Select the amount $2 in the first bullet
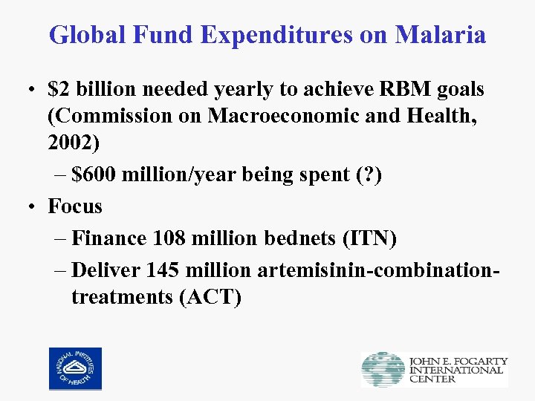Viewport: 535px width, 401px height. [x=59, y=90]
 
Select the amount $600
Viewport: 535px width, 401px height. [x=93, y=175]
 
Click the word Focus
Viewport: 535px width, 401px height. [x=75, y=206]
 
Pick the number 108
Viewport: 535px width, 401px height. [x=171, y=238]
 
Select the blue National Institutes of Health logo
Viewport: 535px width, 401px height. [x=75, y=369]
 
